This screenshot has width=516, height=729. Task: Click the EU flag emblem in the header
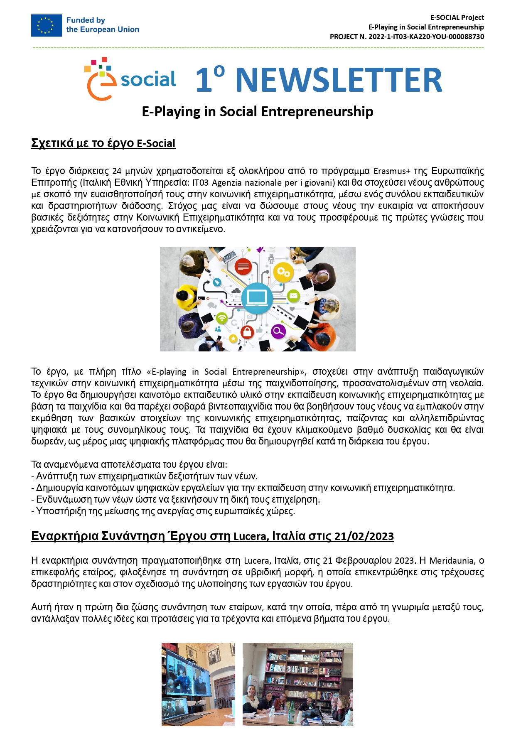pyautogui.click(x=46, y=25)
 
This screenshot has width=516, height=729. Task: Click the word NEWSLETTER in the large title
pyautogui.click(x=339, y=80)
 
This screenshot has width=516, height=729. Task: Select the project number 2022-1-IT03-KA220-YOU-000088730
pyautogui.click(x=426, y=37)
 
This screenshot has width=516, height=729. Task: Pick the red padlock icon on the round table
pyautogui.click(x=247, y=331)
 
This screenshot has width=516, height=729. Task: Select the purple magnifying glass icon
pyautogui.click(x=278, y=331)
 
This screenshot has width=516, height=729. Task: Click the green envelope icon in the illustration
pyautogui.click(x=293, y=296)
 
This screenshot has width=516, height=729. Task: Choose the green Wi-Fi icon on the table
pyautogui.click(x=222, y=318)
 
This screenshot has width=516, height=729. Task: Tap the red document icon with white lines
pyautogui.click(x=243, y=266)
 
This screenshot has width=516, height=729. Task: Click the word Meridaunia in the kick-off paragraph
pyautogui.click(x=452, y=561)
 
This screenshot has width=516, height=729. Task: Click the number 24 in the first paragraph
pyautogui.click(x=117, y=171)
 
